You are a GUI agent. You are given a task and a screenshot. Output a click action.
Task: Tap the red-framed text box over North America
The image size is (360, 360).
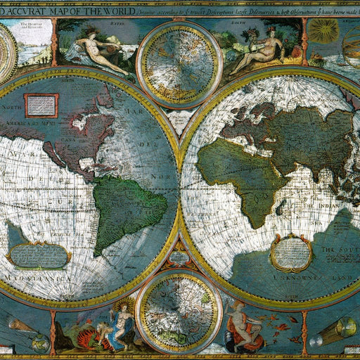pos(42,105)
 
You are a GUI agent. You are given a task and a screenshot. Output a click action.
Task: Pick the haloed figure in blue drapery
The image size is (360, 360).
pos(121,320)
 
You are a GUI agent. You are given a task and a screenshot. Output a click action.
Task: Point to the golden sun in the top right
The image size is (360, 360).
pos(324,30)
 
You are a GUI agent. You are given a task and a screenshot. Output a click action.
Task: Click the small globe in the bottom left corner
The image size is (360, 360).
pos(39,343)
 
